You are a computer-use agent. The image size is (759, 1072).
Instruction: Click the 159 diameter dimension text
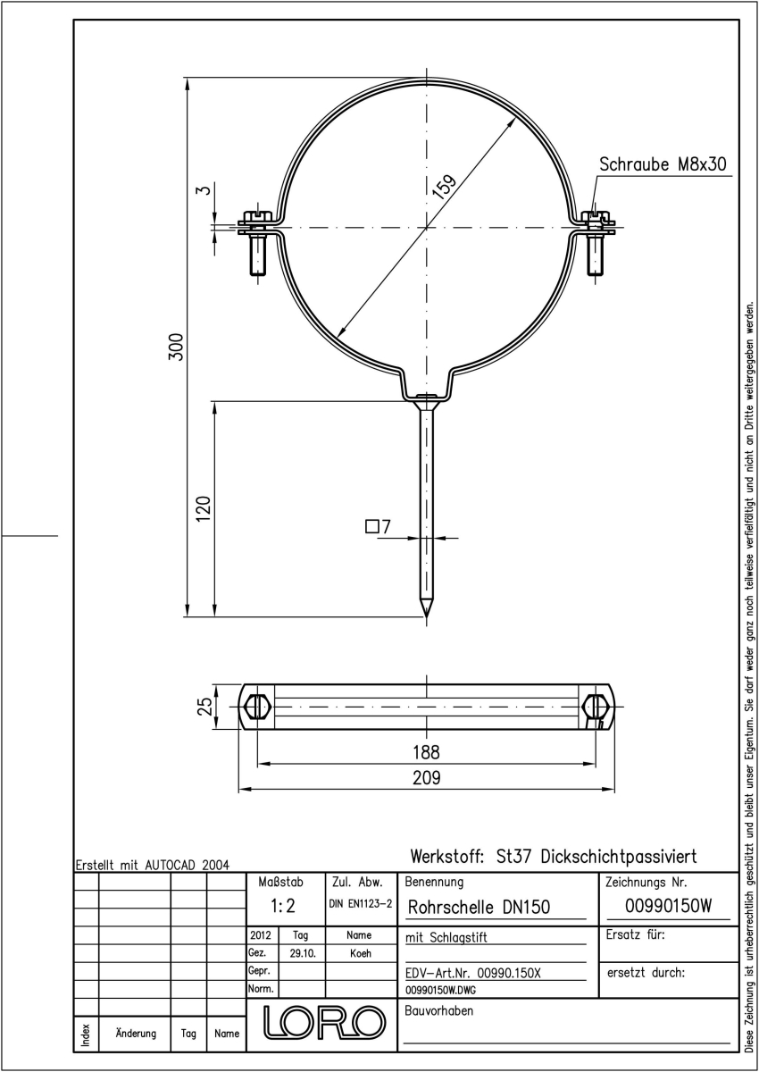coord(445,186)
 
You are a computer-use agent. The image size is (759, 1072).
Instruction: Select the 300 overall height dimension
coord(177,347)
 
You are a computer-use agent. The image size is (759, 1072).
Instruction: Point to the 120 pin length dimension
coord(204,509)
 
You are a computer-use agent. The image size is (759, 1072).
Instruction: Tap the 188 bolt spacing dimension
coord(426,752)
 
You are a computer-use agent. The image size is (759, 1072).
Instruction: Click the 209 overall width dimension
coord(426,778)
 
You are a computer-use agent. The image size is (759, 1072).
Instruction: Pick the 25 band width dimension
coord(204,706)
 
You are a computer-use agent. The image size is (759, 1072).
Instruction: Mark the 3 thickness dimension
coord(204,190)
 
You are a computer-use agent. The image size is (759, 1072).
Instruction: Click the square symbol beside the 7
coord(371,526)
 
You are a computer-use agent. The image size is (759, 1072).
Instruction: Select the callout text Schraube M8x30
coord(663,164)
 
